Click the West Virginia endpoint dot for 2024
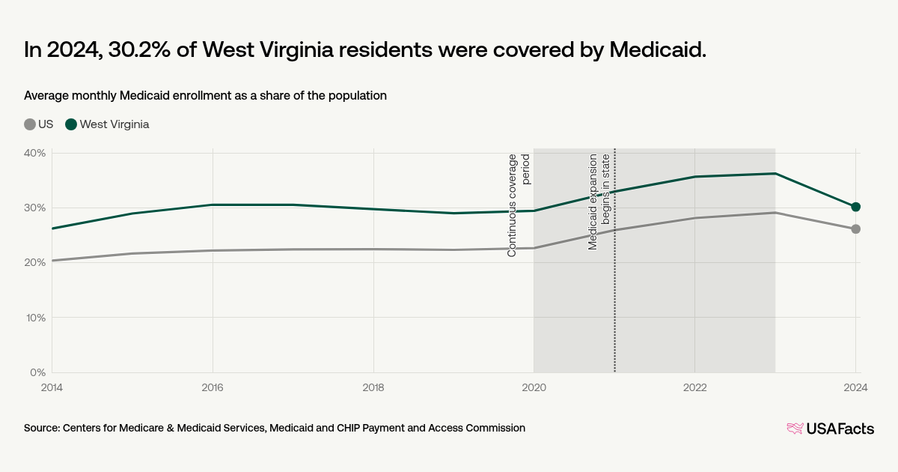[856, 207]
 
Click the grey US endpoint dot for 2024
[856, 229]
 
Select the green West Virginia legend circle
[71, 124]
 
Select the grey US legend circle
[30, 124]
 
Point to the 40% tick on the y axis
[35, 153]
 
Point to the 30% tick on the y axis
[35, 208]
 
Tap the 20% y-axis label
[35, 262]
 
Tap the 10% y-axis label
[35, 318]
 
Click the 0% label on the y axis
[38, 372]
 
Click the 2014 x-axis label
[52, 387]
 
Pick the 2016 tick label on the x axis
[213, 387]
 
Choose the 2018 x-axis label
[373, 387]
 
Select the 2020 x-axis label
[534, 387]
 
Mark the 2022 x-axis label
[694, 387]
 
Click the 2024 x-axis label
[855, 387]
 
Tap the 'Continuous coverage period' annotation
[519, 205]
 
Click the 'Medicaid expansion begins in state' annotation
[599, 202]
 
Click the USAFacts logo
[830, 429]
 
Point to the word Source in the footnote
[41, 428]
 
